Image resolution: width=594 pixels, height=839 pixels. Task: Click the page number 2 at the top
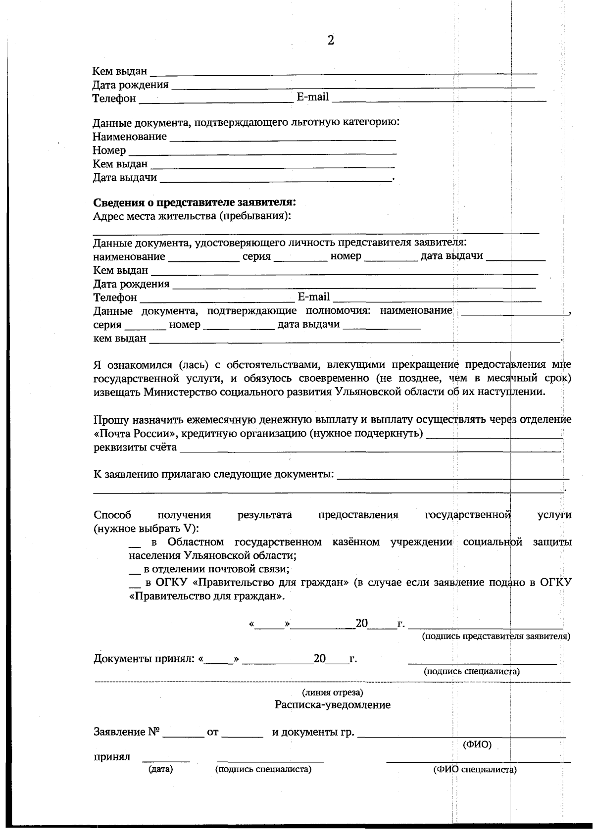click(331, 41)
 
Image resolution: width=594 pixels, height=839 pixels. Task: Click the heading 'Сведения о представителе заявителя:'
click(195, 202)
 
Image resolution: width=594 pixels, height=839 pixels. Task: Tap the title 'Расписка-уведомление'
click(333, 705)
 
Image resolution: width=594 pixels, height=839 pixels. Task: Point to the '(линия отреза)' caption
click(333, 692)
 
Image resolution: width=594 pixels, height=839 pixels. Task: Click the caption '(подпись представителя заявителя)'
click(495, 637)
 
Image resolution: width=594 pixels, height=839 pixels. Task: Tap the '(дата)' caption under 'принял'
click(161, 769)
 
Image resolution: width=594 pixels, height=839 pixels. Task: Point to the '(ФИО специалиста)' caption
click(475, 770)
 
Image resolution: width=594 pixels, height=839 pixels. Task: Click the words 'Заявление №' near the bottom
click(126, 732)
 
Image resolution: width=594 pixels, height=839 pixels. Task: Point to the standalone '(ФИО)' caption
click(477, 745)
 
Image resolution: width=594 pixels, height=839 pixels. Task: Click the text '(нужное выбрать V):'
click(146, 529)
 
